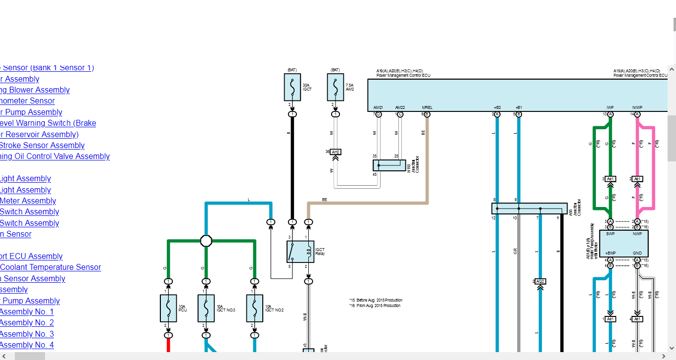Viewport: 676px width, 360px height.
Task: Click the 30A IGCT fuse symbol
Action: pos(292,87)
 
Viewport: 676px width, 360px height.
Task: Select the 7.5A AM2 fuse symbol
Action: pos(335,87)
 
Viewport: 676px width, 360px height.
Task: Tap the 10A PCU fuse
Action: pos(168,308)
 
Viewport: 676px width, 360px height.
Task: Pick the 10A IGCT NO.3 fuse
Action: pos(206,308)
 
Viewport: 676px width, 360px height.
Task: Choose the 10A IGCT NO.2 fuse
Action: pos(254,308)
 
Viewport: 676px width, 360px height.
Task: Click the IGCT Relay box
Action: pos(300,252)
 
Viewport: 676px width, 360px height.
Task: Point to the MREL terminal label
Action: pos(427,107)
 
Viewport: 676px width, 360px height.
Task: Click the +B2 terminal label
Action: pos(497,107)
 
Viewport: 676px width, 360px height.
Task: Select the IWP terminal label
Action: pos(610,107)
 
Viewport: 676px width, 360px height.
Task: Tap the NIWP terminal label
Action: pos(637,107)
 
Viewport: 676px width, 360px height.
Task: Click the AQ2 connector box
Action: pos(540,281)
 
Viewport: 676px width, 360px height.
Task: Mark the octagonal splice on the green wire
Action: pos(206,241)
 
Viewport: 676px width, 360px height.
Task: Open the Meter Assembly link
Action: pos(28,201)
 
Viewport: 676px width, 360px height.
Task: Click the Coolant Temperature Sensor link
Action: pos(50,267)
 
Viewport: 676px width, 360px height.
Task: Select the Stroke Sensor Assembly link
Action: pos(42,145)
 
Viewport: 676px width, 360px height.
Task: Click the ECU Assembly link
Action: pos(31,256)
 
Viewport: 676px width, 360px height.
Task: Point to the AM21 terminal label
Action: pos(378,107)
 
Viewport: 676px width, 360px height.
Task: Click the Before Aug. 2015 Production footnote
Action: pos(376,300)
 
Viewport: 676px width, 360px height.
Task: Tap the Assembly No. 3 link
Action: pos(27,334)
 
